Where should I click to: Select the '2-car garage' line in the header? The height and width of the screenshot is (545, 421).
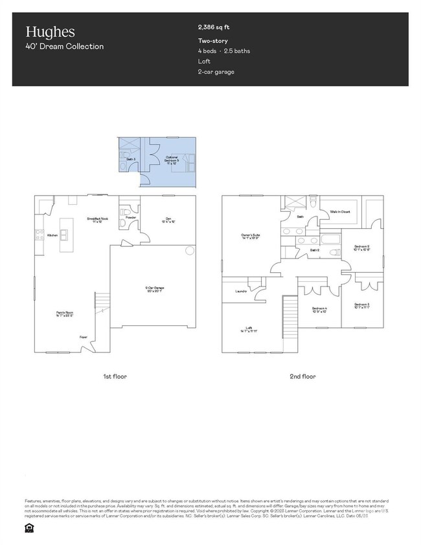click(216, 71)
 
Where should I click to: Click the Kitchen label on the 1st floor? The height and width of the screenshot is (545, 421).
click(52, 235)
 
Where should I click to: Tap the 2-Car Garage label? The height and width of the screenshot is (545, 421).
click(154, 289)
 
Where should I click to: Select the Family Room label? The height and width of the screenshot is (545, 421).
click(63, 314)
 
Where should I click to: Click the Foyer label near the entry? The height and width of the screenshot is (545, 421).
click(84, 337)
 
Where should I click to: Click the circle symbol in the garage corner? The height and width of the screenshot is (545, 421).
click(189, 250)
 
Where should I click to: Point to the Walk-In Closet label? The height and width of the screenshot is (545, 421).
click(339, 212)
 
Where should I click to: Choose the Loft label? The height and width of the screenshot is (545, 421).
click(248, 329)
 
